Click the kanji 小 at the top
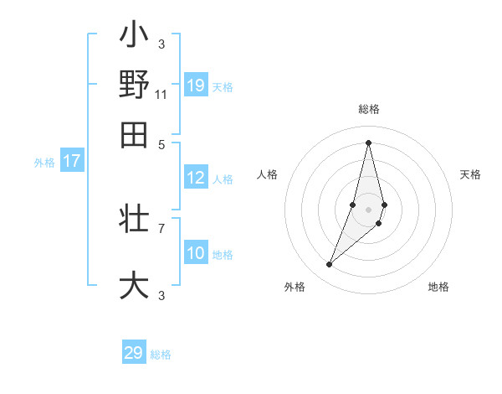coord(134,36)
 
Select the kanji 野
coord(134,85)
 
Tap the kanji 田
coord(134,135)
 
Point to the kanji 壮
coord(134,219)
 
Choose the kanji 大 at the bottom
coord(134,285)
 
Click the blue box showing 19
coord(196,85)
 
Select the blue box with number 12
coord(196,178)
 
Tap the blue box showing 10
coord(196,253)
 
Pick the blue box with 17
coord(71,161)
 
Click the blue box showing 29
coord(134,353)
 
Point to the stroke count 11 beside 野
coord(161,94)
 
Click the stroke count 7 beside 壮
coord(161,227)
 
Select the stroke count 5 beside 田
coord(161,143)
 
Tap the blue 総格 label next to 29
coord(161,355)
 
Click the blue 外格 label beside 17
coord(44,163)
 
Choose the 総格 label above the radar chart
coord(368,109)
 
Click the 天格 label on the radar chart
coord(470,174)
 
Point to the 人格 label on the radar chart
coord(267,174)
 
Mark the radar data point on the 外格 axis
coord(329,265)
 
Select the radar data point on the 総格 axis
coord(368,142)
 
